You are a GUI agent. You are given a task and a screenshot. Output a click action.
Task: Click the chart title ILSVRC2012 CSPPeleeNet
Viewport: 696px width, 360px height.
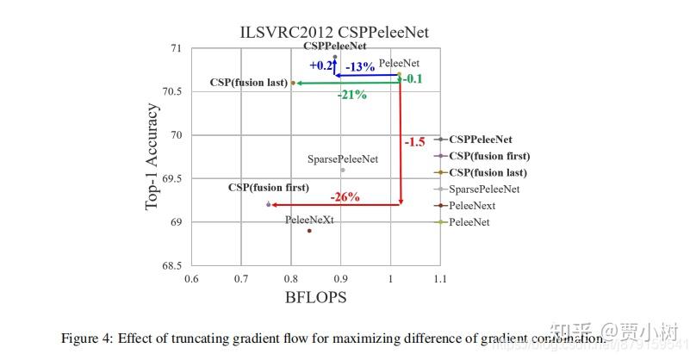(333, 32)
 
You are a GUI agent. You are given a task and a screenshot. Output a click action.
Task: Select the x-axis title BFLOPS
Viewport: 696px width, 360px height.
(315, 297)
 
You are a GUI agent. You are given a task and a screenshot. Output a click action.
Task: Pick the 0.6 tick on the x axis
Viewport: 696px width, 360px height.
(191, 279)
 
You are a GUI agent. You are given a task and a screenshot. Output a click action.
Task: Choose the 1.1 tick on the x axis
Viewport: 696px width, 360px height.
(440, 279)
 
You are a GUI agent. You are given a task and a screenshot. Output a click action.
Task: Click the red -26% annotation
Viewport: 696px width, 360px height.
(345, 196)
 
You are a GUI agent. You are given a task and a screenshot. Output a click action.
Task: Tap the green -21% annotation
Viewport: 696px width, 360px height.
(351, 95)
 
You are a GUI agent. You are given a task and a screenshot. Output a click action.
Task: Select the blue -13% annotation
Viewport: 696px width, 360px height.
(359, 66)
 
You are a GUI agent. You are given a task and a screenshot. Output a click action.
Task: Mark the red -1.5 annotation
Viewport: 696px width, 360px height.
(414, 142)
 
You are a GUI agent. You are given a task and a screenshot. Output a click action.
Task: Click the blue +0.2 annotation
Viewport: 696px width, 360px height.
(321, 65)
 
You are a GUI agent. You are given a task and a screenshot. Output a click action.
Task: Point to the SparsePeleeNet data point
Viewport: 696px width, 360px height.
(342, 170)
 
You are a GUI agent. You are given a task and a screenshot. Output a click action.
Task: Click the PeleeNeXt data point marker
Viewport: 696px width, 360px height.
(309, 231)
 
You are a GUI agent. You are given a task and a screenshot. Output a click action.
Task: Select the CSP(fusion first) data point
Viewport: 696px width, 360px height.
(269, 204)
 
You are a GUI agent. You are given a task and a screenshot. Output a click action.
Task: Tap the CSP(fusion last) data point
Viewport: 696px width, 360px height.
(293, 83)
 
